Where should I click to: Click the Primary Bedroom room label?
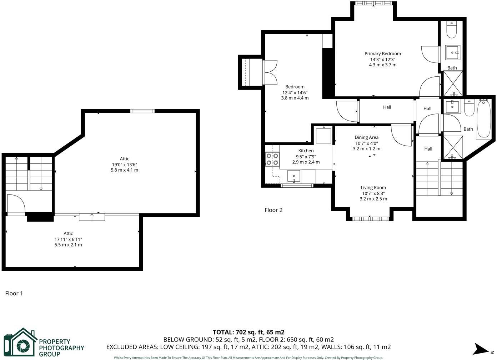pyautogui.click(x=382, y=54)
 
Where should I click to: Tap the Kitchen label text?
pyautogui.click(x=306, y=151)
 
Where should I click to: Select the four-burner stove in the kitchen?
pyautogui.click(x=272, y=159)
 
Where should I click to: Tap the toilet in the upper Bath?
pyautogui.click(x=452, y=31)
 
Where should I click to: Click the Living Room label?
pyautogui.click(x=373, y=187)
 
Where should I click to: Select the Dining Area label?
pyautogui.click(x=366, y=137)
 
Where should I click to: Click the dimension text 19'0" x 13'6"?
pyautogui.click(x=124, y=164)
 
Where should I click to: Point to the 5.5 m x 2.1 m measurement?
pyautogui.click(x=68, y=245)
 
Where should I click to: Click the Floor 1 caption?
pyautogui.click(x=14, y=293)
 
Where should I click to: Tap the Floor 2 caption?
pyautogui.click(x=273, y=210)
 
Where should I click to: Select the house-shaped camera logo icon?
pyautogui.click(x=20, y=343)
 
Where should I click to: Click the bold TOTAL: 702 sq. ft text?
pyautogui.click(x=248, y=332)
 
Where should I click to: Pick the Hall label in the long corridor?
pyautogui.click(x=387, y=107)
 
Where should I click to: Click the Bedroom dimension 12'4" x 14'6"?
pyautogui.click(x=295, y=92)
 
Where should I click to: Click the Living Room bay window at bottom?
pyautogui.click(x=369, y=218)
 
